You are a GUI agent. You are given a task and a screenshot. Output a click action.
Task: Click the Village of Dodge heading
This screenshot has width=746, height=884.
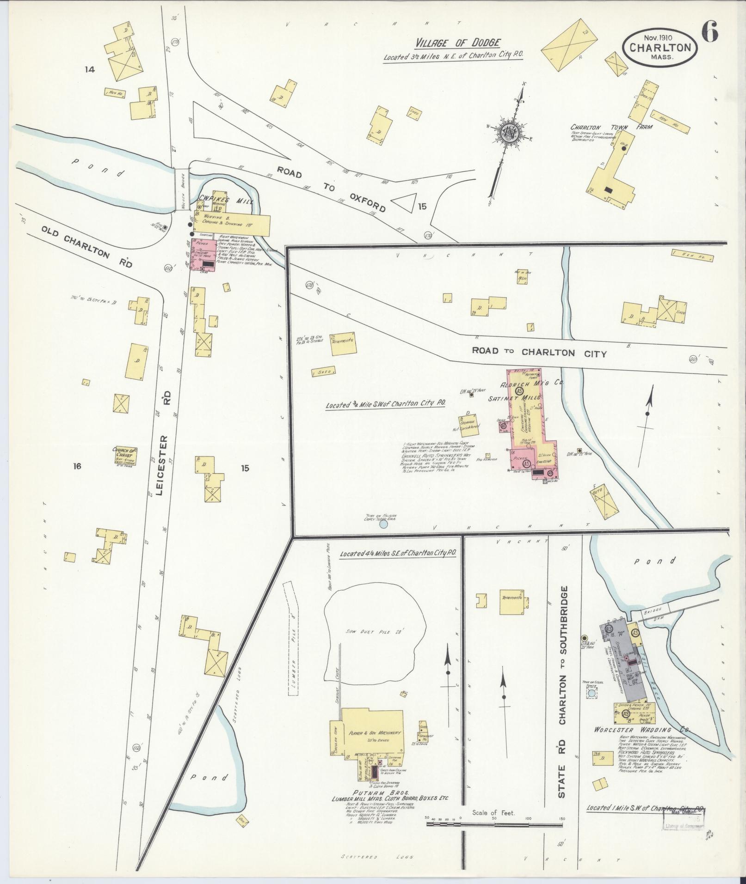[457, 43]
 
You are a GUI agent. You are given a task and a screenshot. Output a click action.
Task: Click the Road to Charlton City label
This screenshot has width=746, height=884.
[538, 352]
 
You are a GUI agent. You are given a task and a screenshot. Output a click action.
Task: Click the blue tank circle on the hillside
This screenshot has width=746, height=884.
[383, 524]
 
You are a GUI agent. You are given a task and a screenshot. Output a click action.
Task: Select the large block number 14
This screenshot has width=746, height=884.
[89, 70]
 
